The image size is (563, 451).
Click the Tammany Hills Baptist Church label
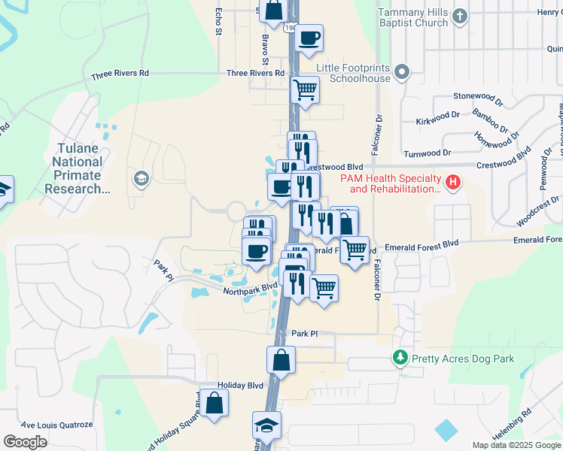tap(413, 18)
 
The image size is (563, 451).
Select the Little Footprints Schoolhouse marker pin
tap(402, 73)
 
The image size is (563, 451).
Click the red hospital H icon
tap(452, 182)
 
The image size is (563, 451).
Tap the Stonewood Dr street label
tap(477, 96)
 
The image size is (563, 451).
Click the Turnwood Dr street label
tap(427, 152)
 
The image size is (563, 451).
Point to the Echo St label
tap(219, 22)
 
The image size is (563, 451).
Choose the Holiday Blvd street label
tap(240, 385)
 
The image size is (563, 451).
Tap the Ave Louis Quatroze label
tap(56, 425)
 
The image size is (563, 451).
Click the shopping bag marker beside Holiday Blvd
tap(215, 403)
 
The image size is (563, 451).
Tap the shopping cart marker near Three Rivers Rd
tap(305, 89)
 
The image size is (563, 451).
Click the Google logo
tap(25, 442)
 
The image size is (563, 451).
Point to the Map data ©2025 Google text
tap(516, 445)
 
